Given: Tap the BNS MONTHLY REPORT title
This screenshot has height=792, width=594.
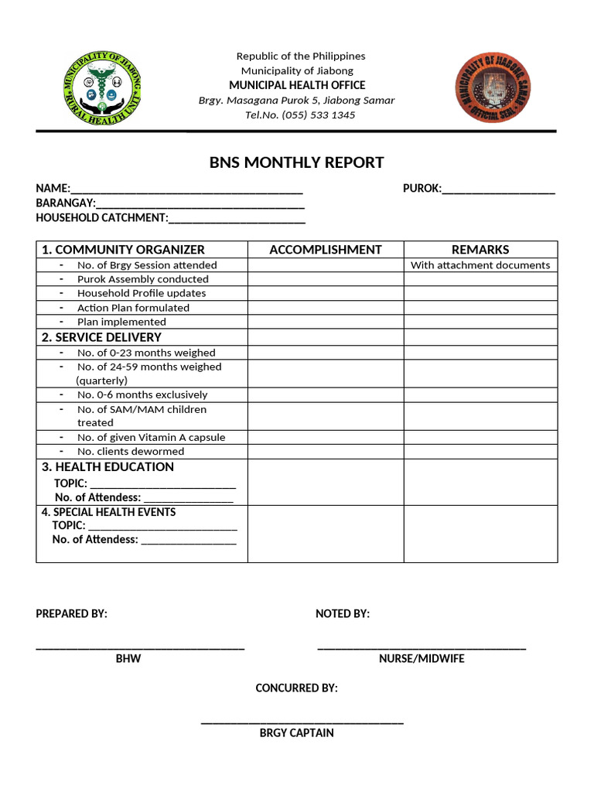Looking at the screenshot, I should click(x=296, y=162).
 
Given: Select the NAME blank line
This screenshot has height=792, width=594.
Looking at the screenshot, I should click(x=186, y=190).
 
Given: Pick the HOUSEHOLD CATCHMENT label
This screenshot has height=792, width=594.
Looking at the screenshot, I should click(x=101, y=218).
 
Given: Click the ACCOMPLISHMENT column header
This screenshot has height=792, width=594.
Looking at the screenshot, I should click(x=325, y=249).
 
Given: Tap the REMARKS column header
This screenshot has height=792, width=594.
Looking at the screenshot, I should click(x=480, y=249).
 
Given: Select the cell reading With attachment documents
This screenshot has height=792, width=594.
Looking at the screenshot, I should click(x=480, y=265).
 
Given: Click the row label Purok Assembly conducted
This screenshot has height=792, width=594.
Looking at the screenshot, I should click(x=142, y=279).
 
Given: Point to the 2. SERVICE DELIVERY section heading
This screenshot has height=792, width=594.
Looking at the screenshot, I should click(x=101, y=337).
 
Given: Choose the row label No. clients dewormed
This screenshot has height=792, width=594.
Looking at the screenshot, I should click(x=131, y=452).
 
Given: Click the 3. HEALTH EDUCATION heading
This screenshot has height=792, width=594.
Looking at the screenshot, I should click(x=108, y=466).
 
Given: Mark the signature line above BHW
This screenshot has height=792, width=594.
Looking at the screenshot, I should click(x=140, y=647).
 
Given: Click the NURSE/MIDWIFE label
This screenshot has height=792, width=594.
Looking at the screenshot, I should click(x=422, y=659).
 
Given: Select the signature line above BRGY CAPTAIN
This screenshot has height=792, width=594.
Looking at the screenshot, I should click(x=302, y=722).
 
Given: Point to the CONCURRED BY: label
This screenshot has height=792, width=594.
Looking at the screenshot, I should click(x=296, y=688).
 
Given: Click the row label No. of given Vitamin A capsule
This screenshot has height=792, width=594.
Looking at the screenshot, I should click(x=151, y=438).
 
